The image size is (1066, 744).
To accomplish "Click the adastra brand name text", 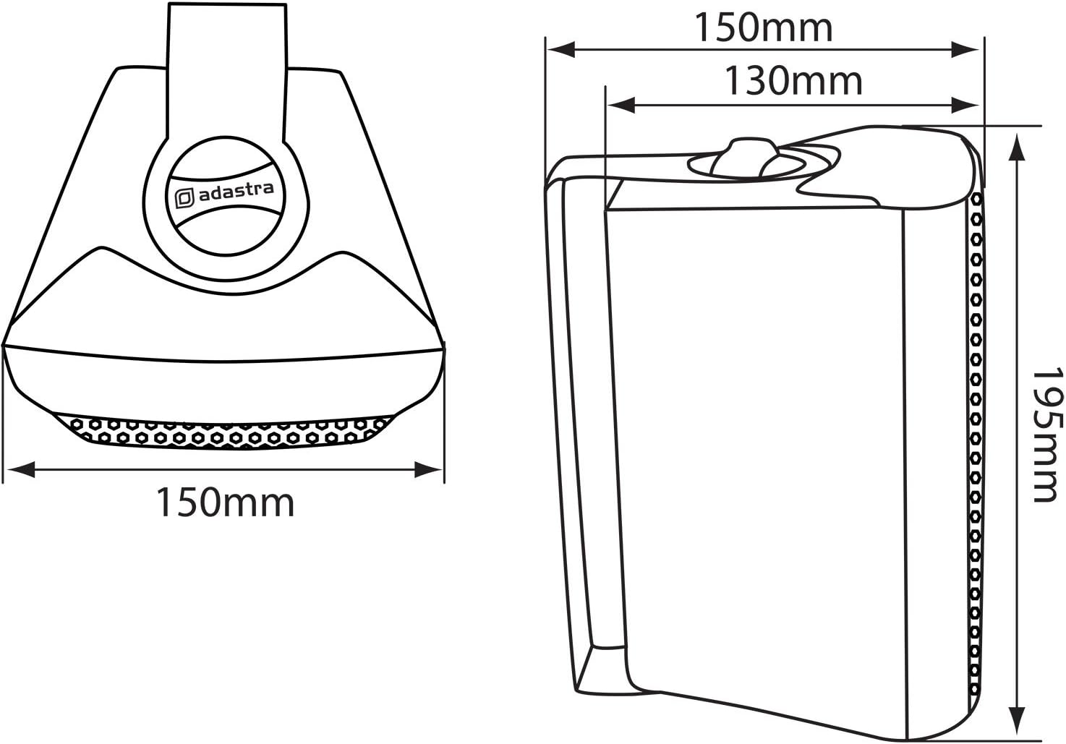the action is click(236, 192).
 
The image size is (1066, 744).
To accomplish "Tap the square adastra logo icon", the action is click(184, 198).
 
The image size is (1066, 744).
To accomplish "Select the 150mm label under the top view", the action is click(226, 503).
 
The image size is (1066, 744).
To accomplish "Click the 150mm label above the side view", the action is click(764, 27).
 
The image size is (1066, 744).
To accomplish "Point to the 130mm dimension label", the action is click(793, 82).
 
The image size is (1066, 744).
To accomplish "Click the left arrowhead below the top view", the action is click(22, 469).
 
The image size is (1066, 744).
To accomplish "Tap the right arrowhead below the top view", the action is click(428, 469).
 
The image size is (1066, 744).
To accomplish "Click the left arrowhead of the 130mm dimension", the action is click(621, 105).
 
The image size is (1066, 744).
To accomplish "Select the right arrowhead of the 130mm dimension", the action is click(965, 105).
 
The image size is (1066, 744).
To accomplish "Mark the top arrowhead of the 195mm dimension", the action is click(1017, 147).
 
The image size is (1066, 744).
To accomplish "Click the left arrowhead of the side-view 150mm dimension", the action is click(561, 49).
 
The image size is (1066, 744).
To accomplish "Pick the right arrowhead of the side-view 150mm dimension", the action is click(965, 49).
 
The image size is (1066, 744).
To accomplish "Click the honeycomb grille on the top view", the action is click(223, 432).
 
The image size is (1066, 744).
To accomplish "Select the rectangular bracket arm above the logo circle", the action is click(227, 72).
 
